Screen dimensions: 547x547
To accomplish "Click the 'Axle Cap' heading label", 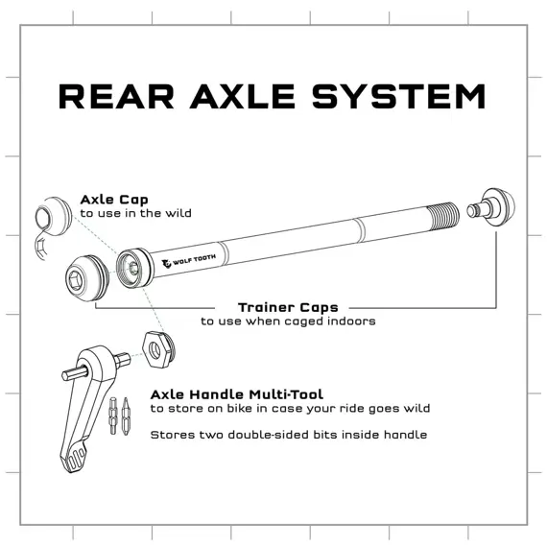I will [x=114, y=200].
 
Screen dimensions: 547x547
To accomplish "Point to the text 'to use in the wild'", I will [x=135, y=213].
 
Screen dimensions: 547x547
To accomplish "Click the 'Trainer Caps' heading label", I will [x=288, y=307].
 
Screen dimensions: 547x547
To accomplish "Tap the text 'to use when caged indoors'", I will [x=288, y=321].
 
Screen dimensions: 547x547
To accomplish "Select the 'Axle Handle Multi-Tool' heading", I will [x=237, y=393].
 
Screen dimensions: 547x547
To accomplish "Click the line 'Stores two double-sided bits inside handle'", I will [x=289, y=434].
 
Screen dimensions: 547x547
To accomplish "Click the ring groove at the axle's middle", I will [x=357, y=229].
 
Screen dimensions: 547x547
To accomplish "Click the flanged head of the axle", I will [x=131, y=263].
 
